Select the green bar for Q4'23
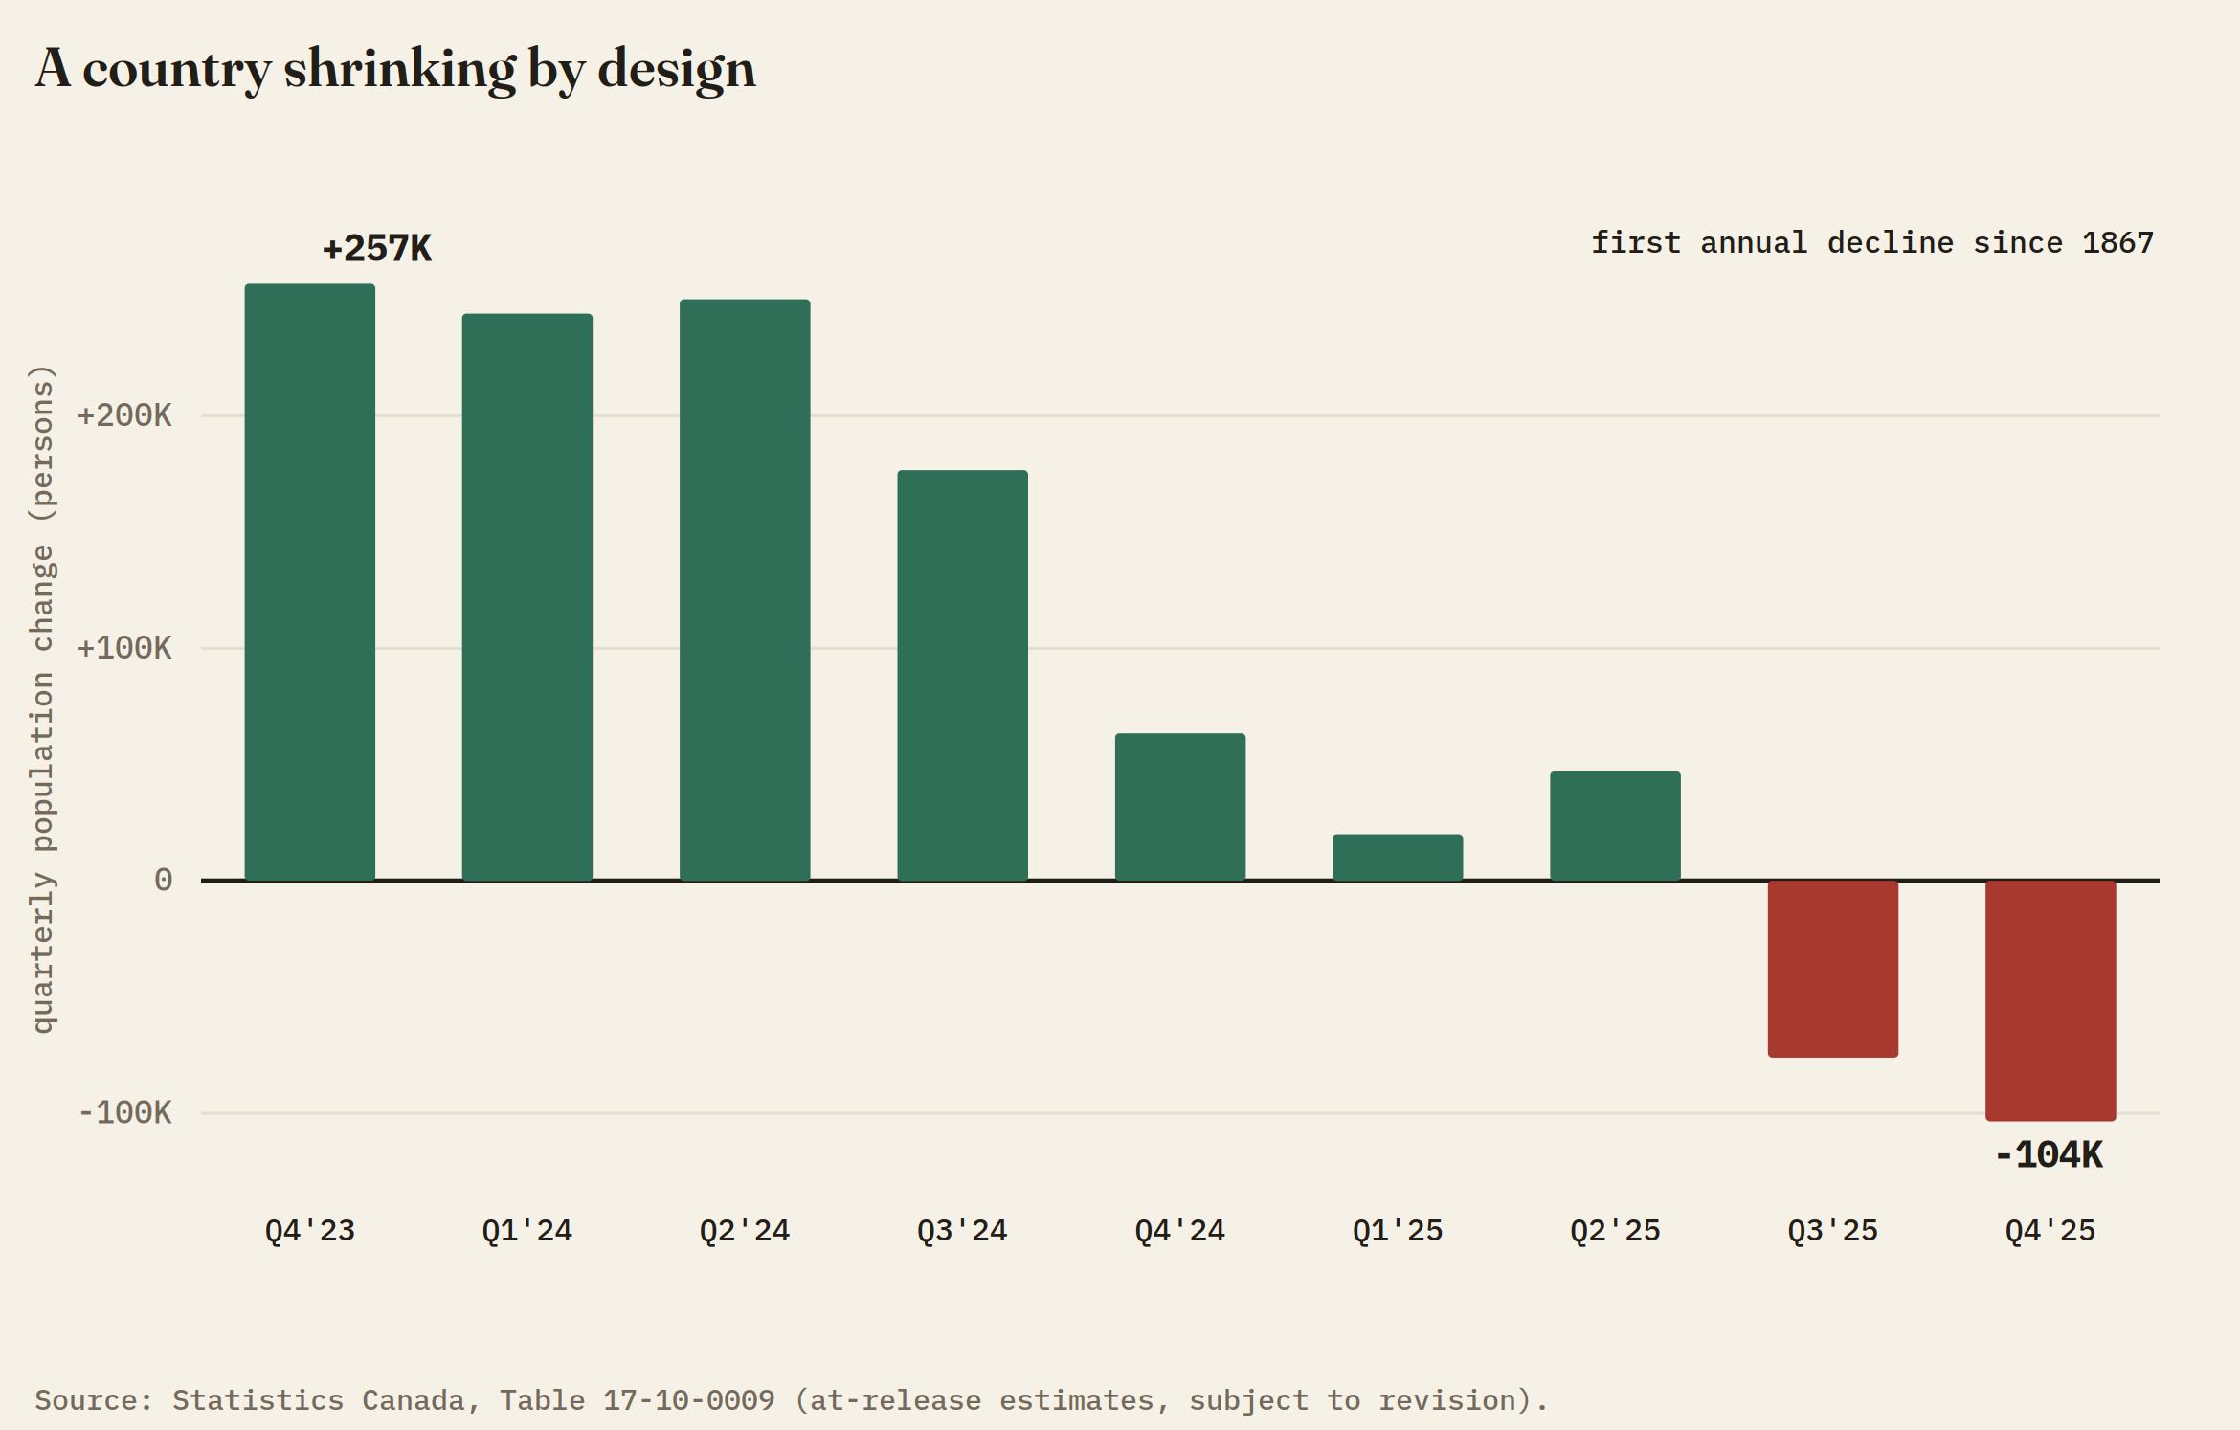309,582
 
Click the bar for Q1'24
527,597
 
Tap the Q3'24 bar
962,675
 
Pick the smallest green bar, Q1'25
1398,858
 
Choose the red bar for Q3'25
1833,969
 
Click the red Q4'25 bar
2050,1000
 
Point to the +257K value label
377,249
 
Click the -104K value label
2050,1155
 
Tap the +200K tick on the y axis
124,415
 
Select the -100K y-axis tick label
124,1112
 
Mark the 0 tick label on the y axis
164,880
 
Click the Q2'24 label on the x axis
745,1230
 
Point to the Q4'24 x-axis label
1180,1230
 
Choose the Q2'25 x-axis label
1616,1230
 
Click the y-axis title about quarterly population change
44,699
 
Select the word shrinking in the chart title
400,69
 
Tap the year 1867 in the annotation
2118,242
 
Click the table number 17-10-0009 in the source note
689,1400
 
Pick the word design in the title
677,69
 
